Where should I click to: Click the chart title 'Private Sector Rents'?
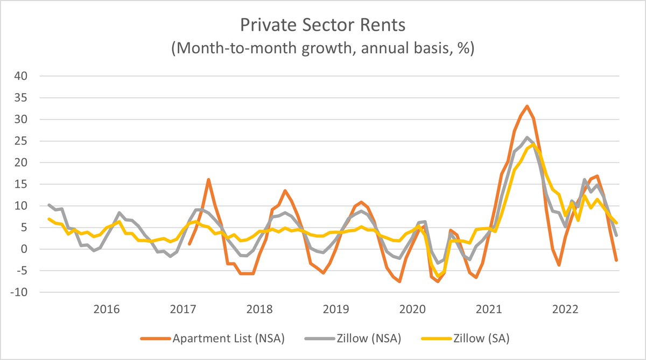click(x=322, y=25)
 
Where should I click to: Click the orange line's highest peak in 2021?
click(x=527, y=106)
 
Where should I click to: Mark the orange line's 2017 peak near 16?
click(x=208, y=180)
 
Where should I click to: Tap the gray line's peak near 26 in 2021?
click(x=527, y=137)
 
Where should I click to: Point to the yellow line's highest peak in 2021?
click(x=533, y=144)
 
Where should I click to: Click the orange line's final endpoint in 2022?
click(x=616, y=260)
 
